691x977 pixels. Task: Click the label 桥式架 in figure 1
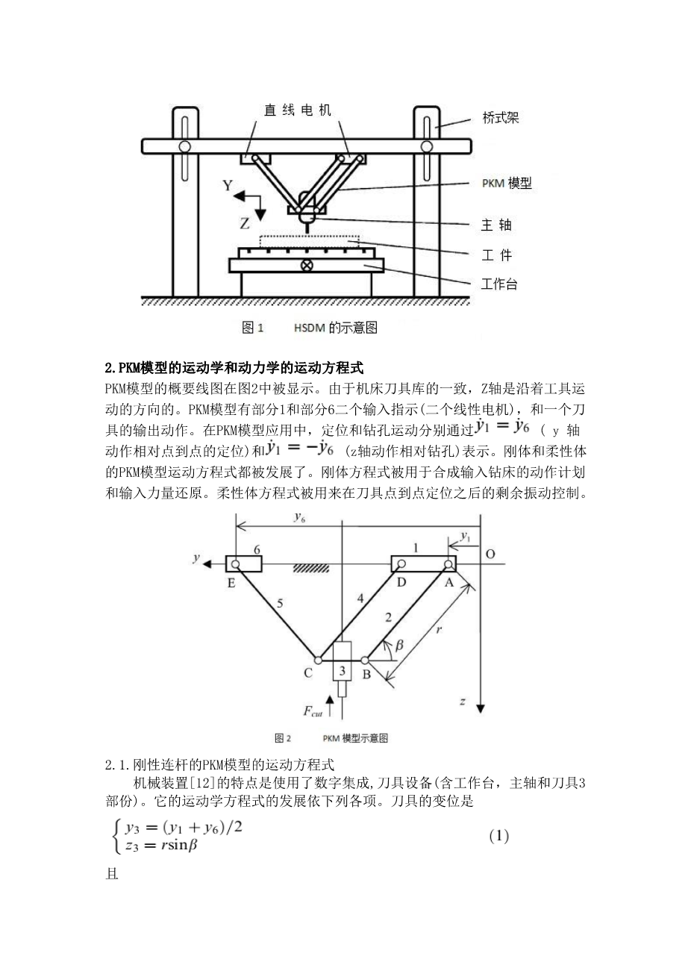pos(501,118)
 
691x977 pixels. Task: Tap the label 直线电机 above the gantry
pos(298,110)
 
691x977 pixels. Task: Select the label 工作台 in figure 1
pos(498,284)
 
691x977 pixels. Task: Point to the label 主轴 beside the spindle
pos(496,225)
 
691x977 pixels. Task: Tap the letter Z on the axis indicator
pos(245,222)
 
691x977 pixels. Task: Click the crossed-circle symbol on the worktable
pos(306,265)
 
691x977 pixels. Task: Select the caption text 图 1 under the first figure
pos(254,328)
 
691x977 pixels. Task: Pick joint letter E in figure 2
pos(231,583)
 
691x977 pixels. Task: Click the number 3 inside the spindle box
pos(343,669)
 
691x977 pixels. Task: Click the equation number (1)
pos(498,836)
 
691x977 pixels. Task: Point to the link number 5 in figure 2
pos(280,605)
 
